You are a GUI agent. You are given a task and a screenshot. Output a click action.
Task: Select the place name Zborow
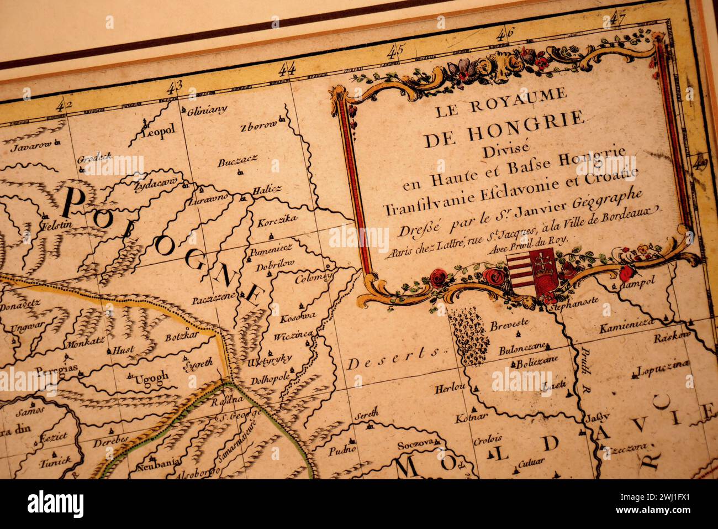pos(258,125)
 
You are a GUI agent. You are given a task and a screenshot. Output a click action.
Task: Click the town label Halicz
pos(267,190)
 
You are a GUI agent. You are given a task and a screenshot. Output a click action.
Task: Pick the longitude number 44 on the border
pos(287,69)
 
